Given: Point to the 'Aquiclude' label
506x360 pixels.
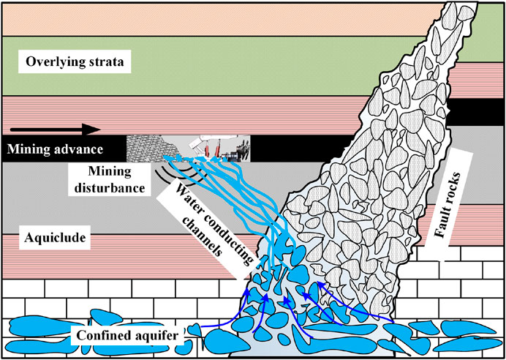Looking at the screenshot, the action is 49,239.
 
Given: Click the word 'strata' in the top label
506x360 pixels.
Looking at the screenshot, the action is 107,62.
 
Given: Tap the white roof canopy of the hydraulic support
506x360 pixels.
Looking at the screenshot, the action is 201,140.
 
